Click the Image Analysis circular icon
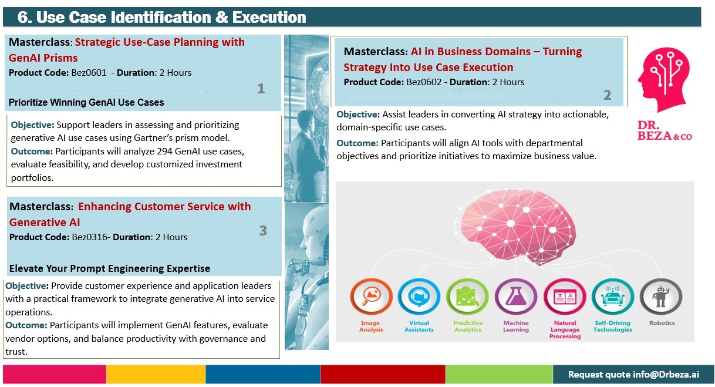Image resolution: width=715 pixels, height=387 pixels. [371, 297]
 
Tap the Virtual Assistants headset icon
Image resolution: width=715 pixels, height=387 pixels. [419, 297]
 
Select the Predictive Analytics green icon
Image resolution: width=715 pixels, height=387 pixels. [467, 297]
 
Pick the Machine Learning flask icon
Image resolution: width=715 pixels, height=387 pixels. [516, 297]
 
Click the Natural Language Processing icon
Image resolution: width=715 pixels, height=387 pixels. [565, 297]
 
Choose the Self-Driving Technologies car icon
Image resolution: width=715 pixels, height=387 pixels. [613, 297]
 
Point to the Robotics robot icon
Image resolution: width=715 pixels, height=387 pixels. [661, 297]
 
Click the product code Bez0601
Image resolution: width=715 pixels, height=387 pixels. [89, 73]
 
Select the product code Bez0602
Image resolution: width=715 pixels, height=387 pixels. [424, 82]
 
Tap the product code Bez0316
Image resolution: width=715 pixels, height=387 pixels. [90, 237]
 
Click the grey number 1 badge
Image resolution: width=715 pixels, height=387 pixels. [261, 89]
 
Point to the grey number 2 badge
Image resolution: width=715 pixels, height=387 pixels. [607, 95]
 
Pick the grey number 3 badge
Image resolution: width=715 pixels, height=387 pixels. [263, 231]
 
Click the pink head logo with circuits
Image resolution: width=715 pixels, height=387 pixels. [664, 79]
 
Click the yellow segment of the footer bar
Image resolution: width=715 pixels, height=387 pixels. [156, 374]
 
